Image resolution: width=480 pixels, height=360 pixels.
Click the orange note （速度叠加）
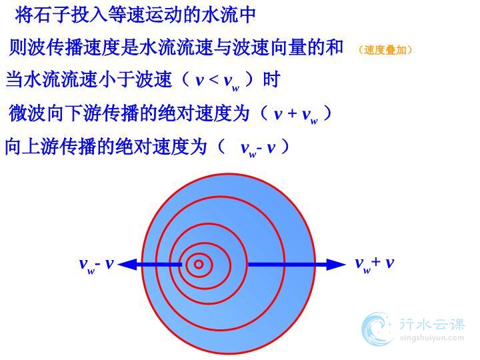coord(385,50)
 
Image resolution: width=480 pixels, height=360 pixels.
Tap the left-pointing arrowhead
coord(127,264)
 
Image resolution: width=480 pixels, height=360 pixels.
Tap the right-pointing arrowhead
coord(336,265)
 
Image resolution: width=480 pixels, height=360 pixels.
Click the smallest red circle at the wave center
coord(199,264)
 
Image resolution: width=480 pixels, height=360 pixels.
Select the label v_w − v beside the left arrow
coord(97,265)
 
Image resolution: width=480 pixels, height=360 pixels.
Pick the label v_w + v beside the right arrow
coord(375,265)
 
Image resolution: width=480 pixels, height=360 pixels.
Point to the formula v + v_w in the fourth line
coord(296,115)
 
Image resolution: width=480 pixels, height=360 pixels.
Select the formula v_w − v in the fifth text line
coord(258,149)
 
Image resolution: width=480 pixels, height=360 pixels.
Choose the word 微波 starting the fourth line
coord(27,113)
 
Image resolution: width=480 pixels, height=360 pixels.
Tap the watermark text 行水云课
coord(432,324)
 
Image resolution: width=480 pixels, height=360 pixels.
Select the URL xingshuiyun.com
coord(432,338)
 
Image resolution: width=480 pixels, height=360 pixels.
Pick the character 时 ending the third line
coord(271,79)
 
